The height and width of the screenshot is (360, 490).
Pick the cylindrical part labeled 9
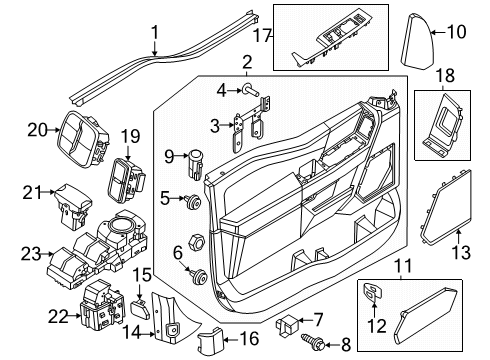point(198,156)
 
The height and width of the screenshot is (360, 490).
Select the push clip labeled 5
point(188,201)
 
